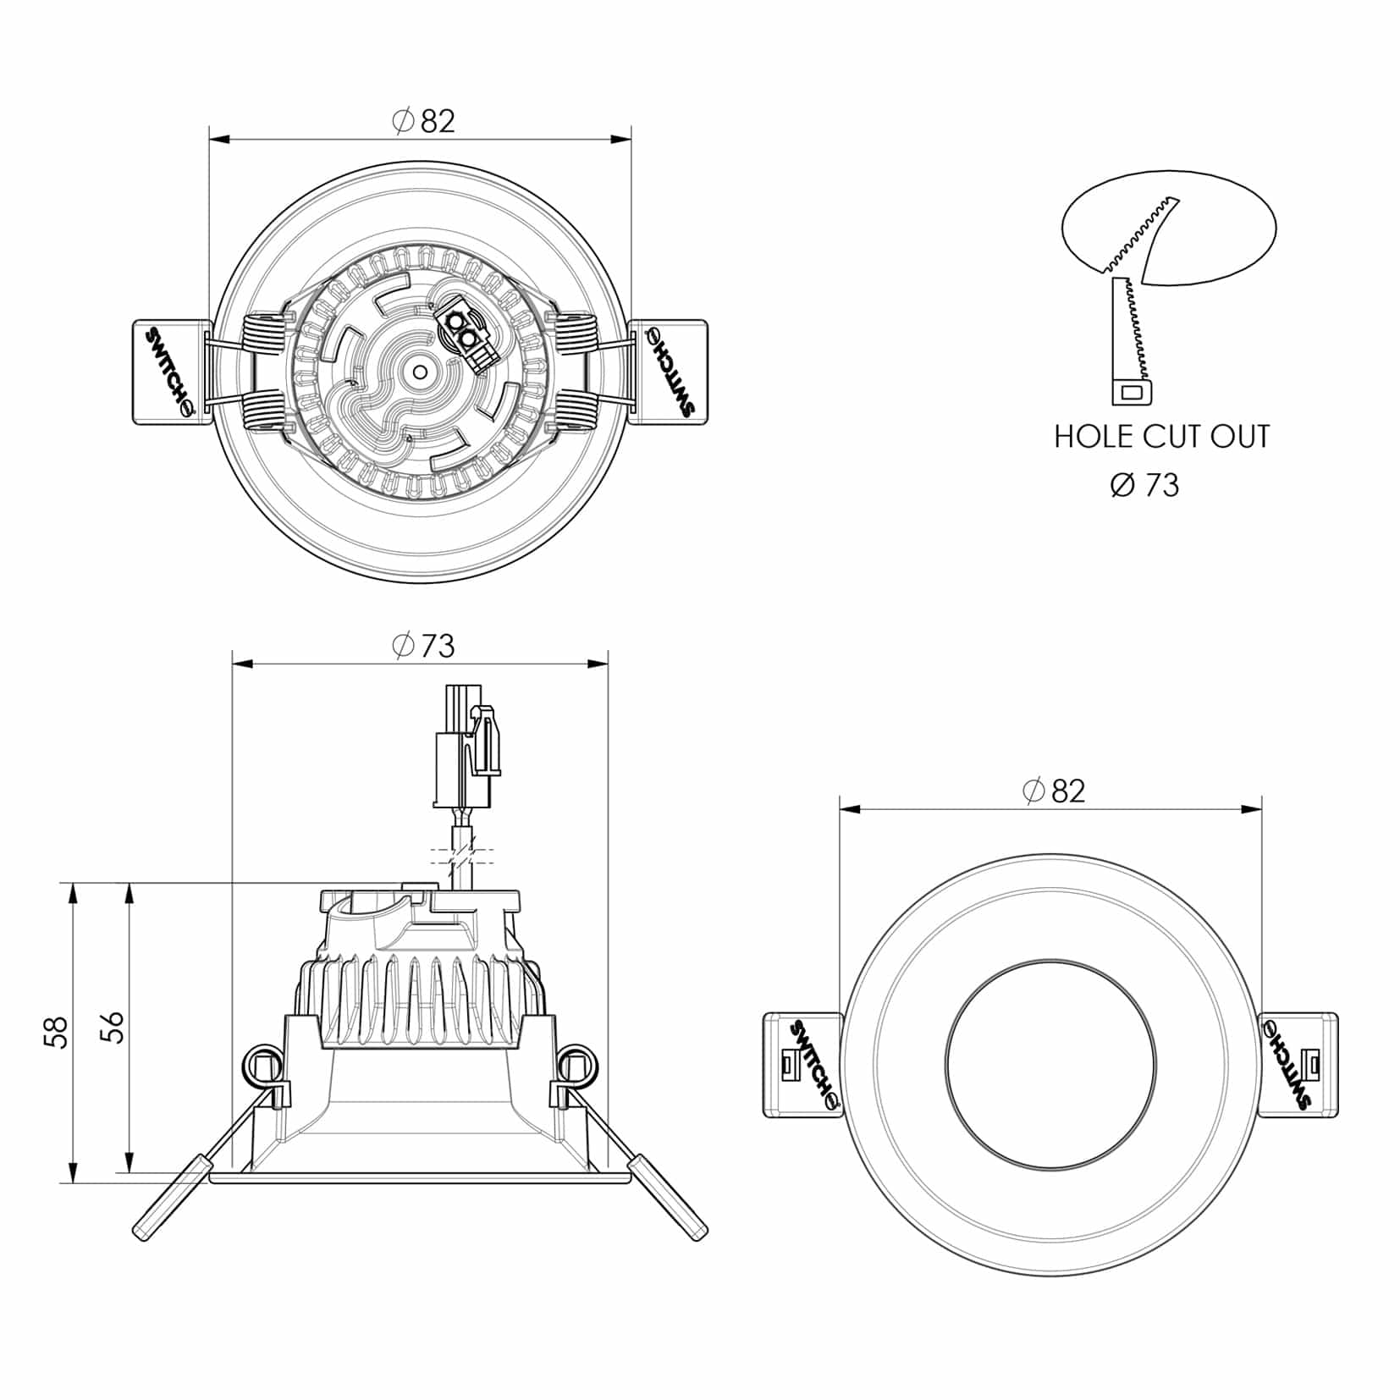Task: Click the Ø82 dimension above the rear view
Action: [424, 121]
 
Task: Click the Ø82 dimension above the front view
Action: [1054, 791]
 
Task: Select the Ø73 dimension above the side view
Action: [424, 646]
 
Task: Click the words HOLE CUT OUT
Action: [1162, 437]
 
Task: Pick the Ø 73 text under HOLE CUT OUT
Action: [1144, 485]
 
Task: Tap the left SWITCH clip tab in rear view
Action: [172, 372]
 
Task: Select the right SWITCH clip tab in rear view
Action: [669, 372]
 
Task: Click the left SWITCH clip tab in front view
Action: [803, 1065]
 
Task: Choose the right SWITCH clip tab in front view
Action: [1298, 1065]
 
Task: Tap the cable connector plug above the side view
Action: [466, 746]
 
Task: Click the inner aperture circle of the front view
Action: [1050, 960]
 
